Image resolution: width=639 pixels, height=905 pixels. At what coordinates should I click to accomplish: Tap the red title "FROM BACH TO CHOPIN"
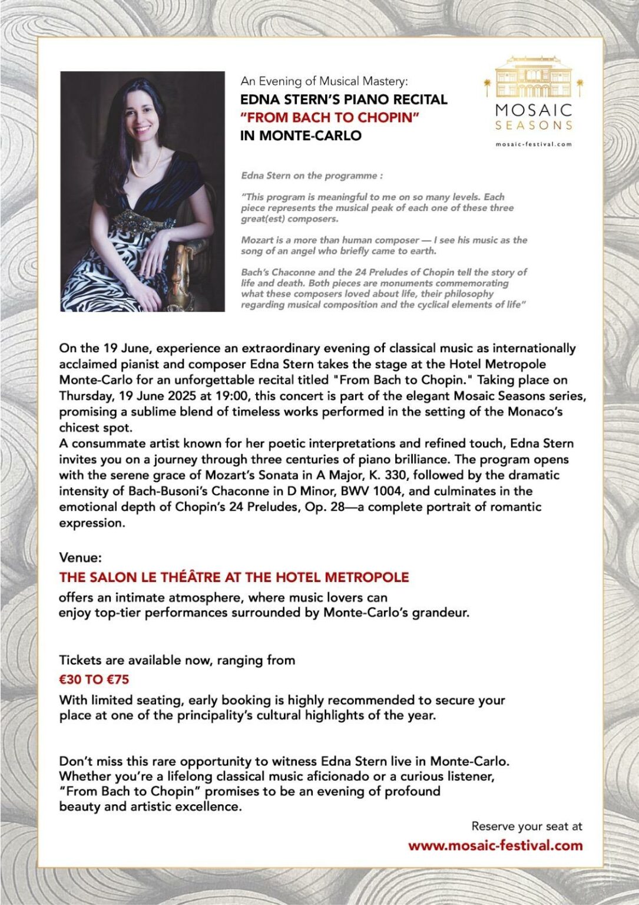coord(329,117)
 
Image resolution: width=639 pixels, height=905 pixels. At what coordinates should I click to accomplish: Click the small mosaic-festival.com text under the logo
coord(534,144)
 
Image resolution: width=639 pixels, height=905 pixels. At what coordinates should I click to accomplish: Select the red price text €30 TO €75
coord(94,679)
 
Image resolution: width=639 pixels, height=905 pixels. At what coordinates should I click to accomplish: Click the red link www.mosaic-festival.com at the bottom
coord(495,845)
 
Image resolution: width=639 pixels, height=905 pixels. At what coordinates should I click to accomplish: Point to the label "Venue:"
coord(81,557)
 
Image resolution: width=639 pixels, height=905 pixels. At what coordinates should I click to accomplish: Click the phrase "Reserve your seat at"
coord(527,826)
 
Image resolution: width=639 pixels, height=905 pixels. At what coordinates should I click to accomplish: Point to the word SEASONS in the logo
coord(534,125)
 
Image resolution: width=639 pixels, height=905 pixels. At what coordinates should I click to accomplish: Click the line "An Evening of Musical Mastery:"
coord(324,81)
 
